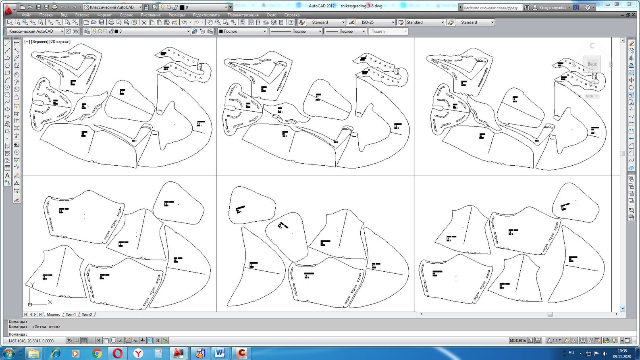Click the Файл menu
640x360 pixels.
(x=27, y=15)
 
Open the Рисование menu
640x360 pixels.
(x=151, y=15)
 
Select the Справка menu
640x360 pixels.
(x=292, y=15)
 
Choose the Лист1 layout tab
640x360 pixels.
(x=71, y=314)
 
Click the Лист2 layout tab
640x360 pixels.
(x=87, y=314)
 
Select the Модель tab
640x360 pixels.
(x=53, y=314)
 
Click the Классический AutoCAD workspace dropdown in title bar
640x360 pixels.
(x=112, y=7)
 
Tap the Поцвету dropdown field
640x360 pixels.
(x=388, y=31)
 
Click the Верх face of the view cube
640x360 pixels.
(x=592, y=64)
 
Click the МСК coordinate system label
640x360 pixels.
(x=590, y=96)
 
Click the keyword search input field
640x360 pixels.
(x=492, y=8)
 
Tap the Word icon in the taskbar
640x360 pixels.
(x=220, y=353)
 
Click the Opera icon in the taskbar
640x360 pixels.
(x=117, y=353)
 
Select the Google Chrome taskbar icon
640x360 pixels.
(x=97, y=353)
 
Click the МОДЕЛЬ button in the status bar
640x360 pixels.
(x=517, y=341)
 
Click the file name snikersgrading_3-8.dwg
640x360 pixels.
(x=361, y=6)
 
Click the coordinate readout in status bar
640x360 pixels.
(x=31, y=341)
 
